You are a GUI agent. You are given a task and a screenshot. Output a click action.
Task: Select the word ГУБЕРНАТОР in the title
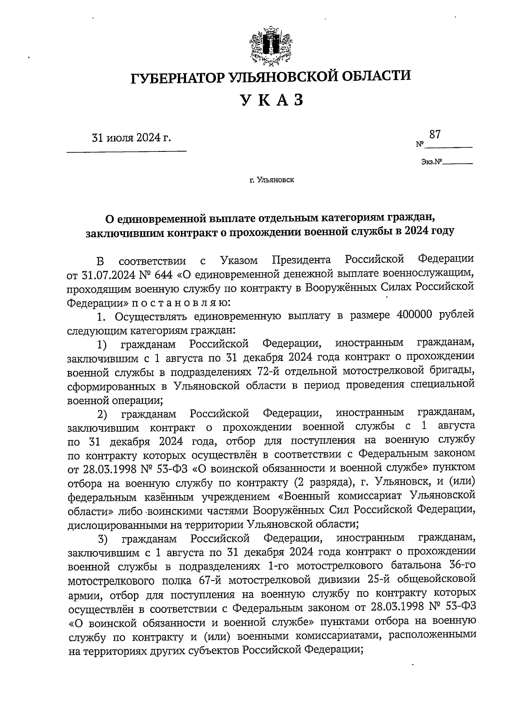(177, 76)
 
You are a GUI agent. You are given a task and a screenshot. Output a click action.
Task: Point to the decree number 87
(435, 135)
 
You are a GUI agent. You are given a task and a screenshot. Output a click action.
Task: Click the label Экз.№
(430, 161)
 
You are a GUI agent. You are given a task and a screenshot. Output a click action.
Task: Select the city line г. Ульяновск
(271, 180)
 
